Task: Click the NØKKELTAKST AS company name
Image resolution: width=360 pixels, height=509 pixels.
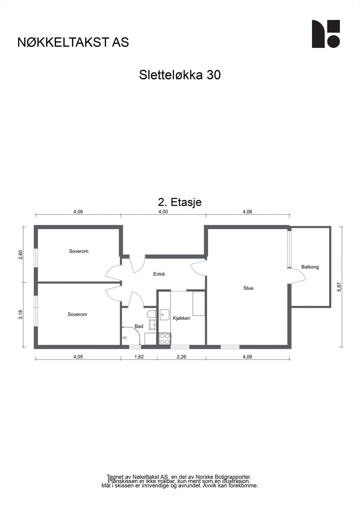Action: click(73, 42)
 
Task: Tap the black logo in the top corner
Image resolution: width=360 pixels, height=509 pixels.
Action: click(326, 34)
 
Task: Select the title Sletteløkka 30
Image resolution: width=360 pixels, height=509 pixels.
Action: click(180, 75)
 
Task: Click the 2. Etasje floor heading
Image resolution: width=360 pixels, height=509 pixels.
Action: click(180, 202)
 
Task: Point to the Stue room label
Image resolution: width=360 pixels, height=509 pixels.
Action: click(248, 288)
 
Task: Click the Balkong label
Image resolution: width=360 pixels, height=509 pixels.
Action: click(310, 267)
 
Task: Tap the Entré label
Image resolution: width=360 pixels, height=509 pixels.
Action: click(159, 274)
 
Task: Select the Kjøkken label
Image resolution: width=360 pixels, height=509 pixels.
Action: click(181, 318)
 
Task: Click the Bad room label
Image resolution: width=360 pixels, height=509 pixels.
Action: click(139, 326)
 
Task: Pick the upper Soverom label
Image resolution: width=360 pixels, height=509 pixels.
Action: click(79, 251)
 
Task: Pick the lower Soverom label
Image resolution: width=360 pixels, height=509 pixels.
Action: click(77, 314)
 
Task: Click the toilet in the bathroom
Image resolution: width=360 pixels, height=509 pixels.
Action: click(151, 314)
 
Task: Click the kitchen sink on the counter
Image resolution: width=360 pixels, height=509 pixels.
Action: click(165, 315)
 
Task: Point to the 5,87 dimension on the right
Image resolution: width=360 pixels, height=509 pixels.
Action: click(339, 287)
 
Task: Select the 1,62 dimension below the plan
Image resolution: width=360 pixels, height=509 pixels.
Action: click(139, 357)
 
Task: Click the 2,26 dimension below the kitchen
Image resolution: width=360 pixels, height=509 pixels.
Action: click(181, 357)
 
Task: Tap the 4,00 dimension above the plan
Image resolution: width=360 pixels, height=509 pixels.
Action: click(163, 212)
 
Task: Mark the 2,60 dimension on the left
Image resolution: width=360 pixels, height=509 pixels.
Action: click(21, 254)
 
